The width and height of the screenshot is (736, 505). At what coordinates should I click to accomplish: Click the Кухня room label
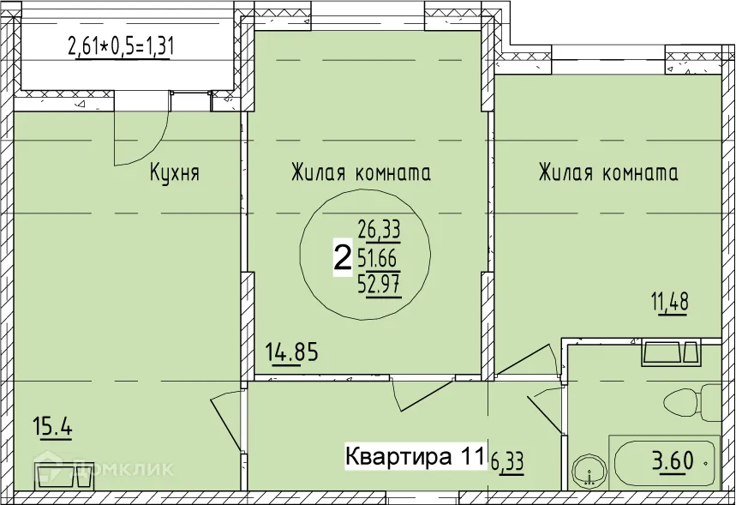175,174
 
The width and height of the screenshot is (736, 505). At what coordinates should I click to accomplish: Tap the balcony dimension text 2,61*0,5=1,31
121,46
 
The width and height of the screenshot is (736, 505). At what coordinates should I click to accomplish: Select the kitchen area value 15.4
51,425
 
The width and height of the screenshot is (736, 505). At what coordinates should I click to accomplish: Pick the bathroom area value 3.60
673,462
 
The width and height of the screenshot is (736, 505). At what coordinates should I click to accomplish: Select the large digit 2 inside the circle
342,257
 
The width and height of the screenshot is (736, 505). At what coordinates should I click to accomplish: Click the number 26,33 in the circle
379,230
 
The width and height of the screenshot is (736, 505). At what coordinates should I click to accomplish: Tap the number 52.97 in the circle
379,284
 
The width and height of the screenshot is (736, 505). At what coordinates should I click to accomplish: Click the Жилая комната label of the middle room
360,174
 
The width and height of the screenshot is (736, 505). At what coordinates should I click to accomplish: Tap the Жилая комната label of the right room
608,174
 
